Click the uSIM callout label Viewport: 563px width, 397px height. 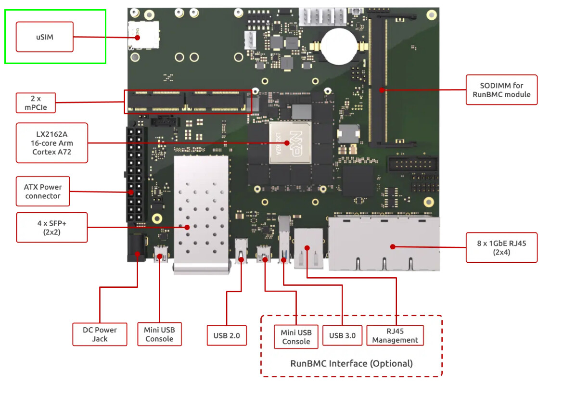pyautogui.click(x=44, y=37)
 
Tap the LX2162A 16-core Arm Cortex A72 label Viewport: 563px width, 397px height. pyautogui.click(x=45, y=143)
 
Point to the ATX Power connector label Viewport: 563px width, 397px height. pyautogui.click(x=43, y=192)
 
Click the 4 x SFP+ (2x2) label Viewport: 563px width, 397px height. pyautogui.click(x=52, y=227)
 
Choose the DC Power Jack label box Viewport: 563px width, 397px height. pyautogui.click(x=100, y=334)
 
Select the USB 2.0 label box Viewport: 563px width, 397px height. pyautogui.click(x=227, y=335)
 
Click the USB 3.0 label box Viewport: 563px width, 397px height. pyautogui.click(x=343, y=335)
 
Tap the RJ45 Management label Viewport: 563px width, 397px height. pyautogui.click(x=395, y=335)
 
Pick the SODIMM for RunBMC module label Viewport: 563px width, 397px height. pyautogui.click(x=501, y=90)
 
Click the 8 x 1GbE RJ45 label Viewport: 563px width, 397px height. pyautogui.click(x=501, y=248)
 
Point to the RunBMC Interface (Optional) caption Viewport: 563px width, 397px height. pyautogui.click(x=351, y=363)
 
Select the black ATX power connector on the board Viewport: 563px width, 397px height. pyautogui.click(x=136, y=173)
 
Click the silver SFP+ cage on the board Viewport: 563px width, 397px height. pyautogui.click(x=201, y=214)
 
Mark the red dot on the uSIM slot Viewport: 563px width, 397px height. pyautogui.click(x=137, y=37)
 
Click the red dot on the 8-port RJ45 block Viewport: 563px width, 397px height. pyautogui.click(x=393, y=247)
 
